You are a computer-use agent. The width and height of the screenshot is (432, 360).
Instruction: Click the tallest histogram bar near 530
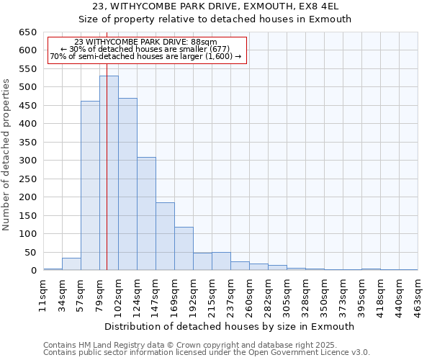[x=109, y=173]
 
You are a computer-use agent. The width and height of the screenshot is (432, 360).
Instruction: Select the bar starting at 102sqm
[x=127, y=184]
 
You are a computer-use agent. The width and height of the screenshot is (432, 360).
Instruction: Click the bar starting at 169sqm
[x=184, y=249]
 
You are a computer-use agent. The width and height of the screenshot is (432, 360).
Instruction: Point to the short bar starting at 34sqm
[x=71, y=264]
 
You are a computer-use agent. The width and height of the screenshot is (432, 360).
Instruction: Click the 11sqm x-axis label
[x=42, y=294]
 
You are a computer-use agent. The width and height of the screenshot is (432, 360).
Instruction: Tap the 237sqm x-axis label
[x=230, y=294]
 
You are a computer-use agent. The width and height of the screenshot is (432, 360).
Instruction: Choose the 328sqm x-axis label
[x=305, y=294]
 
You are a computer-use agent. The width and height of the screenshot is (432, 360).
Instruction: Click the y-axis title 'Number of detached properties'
[x=6, y=151]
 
